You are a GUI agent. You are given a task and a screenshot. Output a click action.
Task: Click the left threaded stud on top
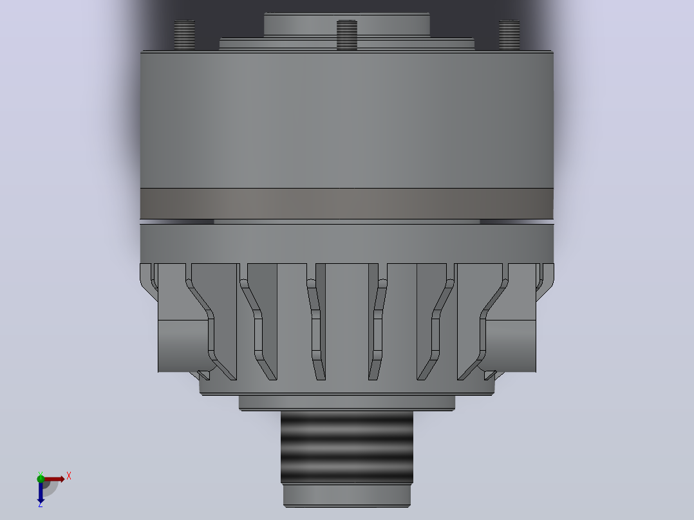click(x=185, y=35)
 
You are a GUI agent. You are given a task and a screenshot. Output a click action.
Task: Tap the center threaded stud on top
click(x=347, y=35)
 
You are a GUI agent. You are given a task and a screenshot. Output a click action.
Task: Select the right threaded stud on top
click(x=509, y=35)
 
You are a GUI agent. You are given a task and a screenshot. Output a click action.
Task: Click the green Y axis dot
click(x=41, y=478)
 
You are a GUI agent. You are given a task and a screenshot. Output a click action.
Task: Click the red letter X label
click(x=69, y=476)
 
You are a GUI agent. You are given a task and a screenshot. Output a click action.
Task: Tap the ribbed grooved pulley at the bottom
click(x=347, y=447)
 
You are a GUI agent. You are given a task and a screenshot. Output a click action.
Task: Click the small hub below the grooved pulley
click(x=347, y=495)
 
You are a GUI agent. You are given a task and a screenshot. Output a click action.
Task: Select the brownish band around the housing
click(x=347, y=203)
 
